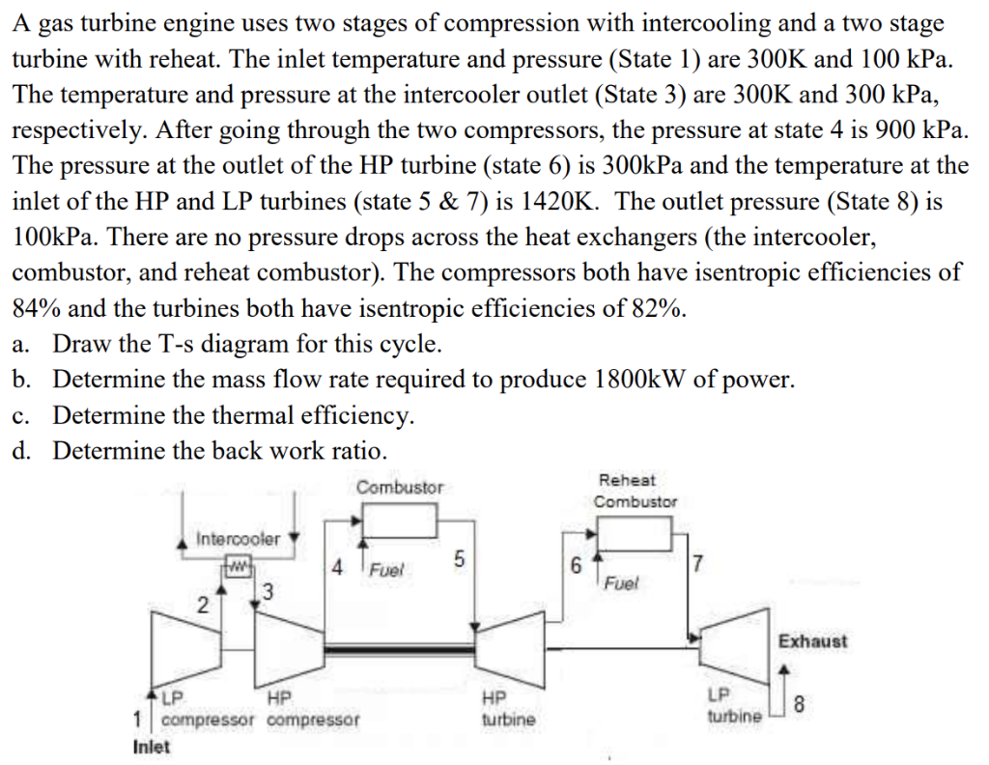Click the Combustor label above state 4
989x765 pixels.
coord(400,488)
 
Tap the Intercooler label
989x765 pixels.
coord(239,538)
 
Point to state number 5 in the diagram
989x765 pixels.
coord(459,559)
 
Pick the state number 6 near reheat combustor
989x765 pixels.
coord(576,567)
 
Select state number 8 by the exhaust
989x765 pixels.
coord(796,706)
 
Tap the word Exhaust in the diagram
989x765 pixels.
coord(812,640)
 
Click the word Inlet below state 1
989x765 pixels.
coord(151,746)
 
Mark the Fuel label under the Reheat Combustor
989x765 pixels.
coord(621,582)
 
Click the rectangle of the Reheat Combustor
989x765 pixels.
coord(635,532)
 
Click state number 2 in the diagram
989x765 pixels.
coord(203,605)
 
